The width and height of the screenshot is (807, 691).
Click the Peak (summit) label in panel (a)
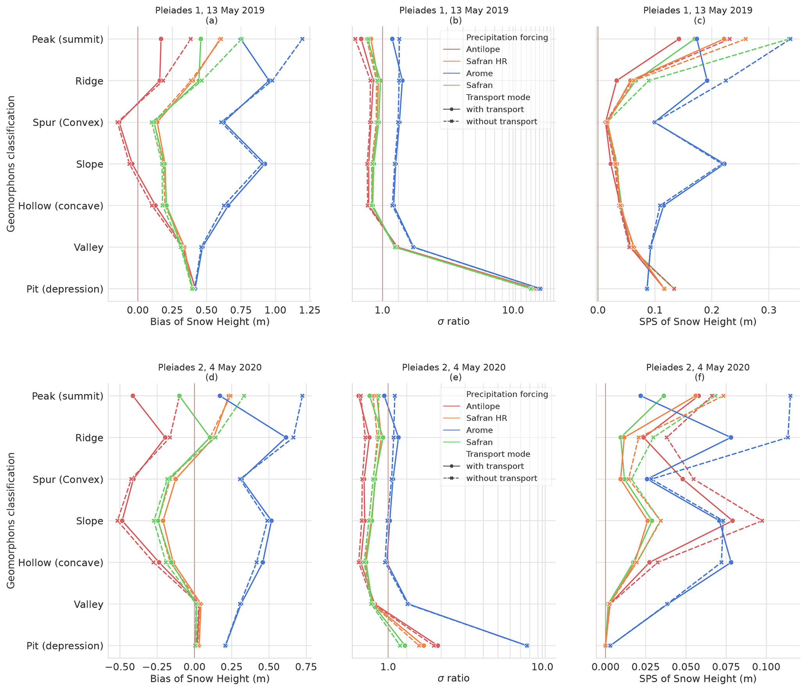(67, 39)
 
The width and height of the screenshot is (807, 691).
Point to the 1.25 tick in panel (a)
(310, 310)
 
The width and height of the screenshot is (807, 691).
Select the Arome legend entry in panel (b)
(479, 73)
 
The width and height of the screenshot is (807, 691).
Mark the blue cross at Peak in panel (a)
(302, 39)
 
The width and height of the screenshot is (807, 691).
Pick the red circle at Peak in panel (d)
(133, 396)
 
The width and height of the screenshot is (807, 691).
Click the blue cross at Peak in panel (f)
(790, 396)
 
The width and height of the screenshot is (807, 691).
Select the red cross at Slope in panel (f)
(762, 521)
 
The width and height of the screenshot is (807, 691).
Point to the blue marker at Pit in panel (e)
(527, 645)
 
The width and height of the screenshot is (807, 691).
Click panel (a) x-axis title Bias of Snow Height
(210, 322)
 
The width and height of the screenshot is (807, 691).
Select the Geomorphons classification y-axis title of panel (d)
(11, 520)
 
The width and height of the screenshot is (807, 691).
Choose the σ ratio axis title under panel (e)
(453, 679)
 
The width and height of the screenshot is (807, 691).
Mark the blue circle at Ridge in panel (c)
(707, 81)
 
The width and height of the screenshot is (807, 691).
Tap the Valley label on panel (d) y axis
(89, 604)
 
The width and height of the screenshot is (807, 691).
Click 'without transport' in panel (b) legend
(501, 121)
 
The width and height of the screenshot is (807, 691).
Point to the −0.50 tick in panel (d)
(120, 667)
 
